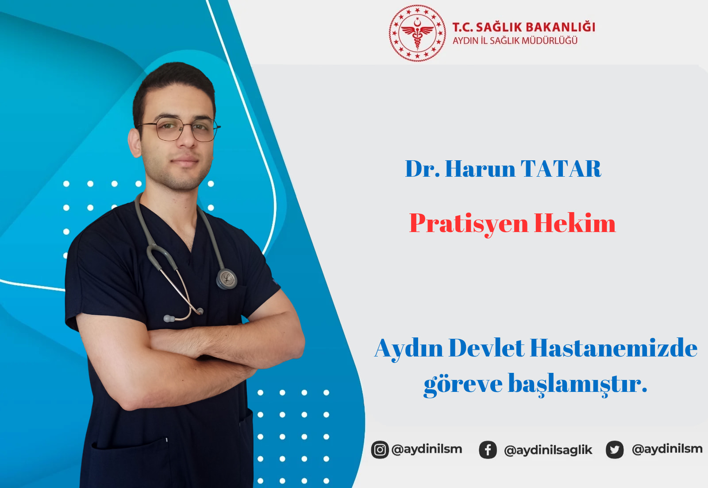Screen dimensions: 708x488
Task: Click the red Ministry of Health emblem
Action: point(417,33)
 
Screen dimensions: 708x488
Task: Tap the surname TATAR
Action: point(561,169)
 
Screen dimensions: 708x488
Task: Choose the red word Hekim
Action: point(575,223)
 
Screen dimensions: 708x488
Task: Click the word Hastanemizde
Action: point(613,348)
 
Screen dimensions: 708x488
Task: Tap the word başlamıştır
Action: point(577,384)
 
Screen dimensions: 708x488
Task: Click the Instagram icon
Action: point(380,449)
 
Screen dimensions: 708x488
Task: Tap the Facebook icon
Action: point(488,449)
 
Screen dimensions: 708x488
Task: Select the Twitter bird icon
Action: point(615,449)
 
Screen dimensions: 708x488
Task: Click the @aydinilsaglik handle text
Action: point(548,450)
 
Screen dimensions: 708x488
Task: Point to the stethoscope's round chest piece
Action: point(227,279)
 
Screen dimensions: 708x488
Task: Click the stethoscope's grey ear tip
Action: point(169,318)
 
